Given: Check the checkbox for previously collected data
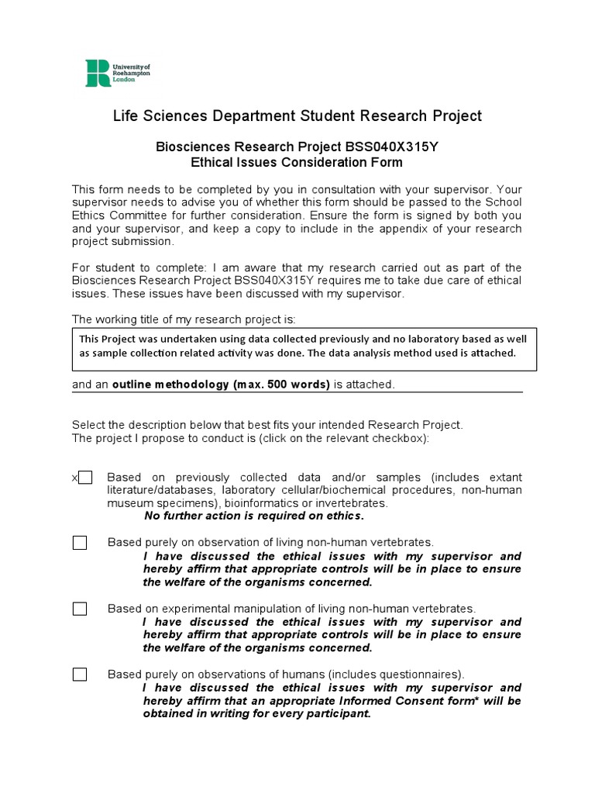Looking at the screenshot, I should point(85,478).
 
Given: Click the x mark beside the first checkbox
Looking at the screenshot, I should point(74,478).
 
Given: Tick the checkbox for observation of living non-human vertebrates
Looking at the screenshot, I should point(80,543).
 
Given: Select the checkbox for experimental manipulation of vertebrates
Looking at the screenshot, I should point(80,609).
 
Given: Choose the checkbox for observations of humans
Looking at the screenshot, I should point(80,675).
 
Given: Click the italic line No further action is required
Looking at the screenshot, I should point(254,516).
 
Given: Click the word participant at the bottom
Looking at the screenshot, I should point(339,713).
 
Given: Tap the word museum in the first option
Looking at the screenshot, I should point(129,503).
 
